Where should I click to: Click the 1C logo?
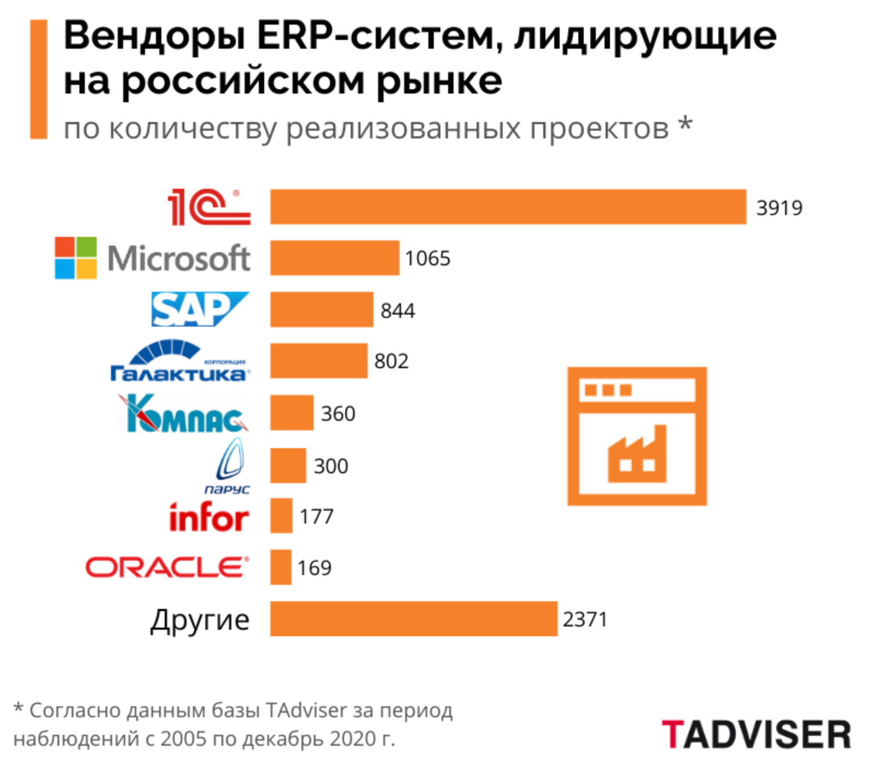tap(208, 207)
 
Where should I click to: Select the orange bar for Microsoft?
tap(334, 258)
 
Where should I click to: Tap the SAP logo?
tap(200, 309)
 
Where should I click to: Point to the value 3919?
tap(778, 208)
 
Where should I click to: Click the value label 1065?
tap(427, 258)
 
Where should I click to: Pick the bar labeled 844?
tap(321, 310)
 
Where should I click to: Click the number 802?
tap(391, 361)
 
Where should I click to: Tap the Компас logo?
tap(184, 413)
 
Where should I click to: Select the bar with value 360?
tap(292, 413)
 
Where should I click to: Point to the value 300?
tap(330, 466)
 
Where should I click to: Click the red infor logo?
tap(208, 517)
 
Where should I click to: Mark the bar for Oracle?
tap(281, 567)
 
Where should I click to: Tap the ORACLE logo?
tap(167, 567)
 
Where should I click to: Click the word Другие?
tap(200, 620)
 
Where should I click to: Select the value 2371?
tap(585, 619)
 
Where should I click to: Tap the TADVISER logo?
tap(756, 734)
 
